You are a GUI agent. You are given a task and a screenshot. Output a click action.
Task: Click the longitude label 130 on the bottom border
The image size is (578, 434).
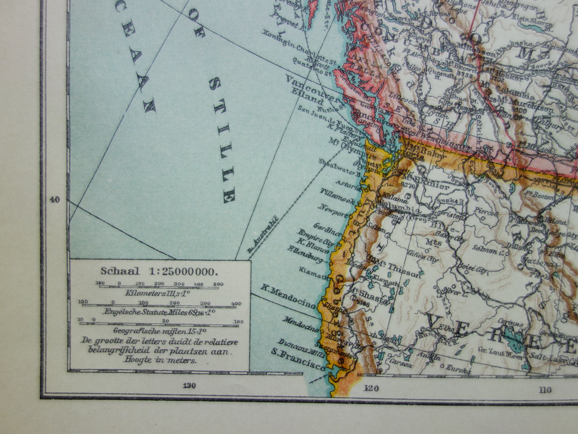pos(189,386)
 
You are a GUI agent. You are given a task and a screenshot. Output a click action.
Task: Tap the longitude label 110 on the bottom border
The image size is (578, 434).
pos(544,389)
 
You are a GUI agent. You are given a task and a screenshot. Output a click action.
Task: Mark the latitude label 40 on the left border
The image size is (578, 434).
pos(55,199)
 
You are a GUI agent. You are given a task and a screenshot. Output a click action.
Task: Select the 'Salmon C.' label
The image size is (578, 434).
pos(488,249)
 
